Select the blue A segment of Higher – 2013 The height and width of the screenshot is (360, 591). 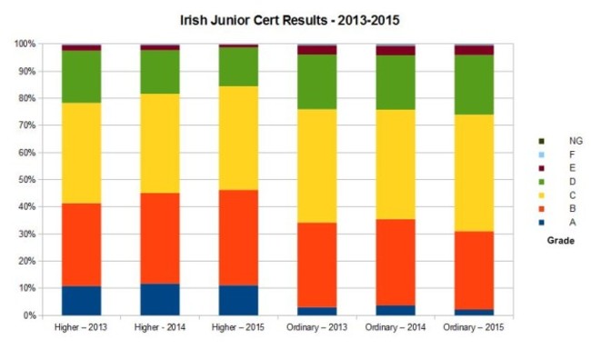[81, 301]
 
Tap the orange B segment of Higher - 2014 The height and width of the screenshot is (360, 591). [160, 238]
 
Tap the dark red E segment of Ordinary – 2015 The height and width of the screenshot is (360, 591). [474, 50]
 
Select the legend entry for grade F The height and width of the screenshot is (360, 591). [566, 155]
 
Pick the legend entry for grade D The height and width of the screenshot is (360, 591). [566, 182]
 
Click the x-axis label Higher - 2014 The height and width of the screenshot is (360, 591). [160, 328]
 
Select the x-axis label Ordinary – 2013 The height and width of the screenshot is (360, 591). [317, 328]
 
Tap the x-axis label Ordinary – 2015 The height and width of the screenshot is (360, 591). [474, 328]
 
